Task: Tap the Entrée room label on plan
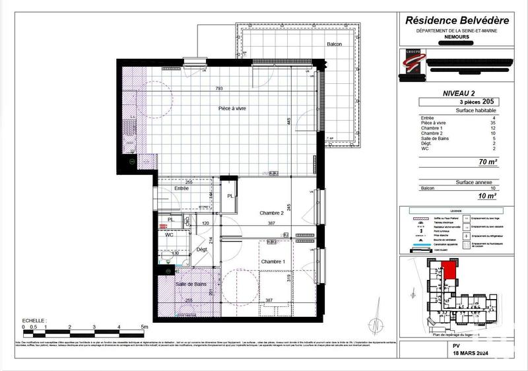click(181, 189)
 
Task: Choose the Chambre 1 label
click(273, 262)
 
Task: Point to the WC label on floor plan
click(170, 234)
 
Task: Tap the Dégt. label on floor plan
click(203, 250)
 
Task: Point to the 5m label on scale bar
click(144, 326)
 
